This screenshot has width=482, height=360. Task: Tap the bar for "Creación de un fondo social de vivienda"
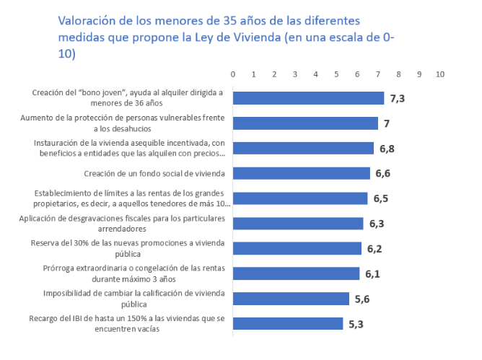301,173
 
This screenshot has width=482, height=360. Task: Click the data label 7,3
398,98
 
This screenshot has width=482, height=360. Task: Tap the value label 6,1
372,273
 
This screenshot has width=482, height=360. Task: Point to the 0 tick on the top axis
233,74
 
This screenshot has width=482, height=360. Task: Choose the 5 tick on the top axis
336,74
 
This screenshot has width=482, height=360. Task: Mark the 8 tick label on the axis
398,74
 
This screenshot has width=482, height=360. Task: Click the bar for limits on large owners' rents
300,198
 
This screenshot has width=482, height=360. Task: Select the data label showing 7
387,123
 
